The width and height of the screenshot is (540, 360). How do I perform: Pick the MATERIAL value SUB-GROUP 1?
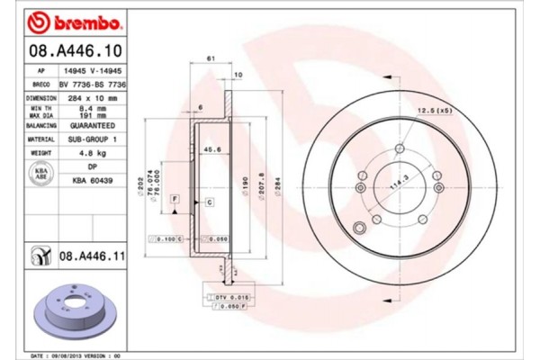tap(94, 140)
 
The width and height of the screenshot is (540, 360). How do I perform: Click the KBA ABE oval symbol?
tap(40, 174)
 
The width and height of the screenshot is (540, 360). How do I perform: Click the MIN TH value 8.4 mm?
tap(94, 108)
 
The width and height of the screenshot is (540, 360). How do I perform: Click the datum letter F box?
tap(176, 197)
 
